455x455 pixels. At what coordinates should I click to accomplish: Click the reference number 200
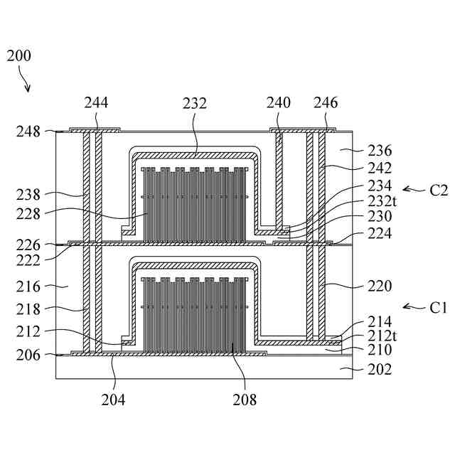[x=18, y=56]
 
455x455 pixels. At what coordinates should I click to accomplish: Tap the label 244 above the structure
[x=96, y=103]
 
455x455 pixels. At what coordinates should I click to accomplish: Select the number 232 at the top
[x=194, y=103]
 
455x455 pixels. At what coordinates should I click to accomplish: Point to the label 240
[x=279, y=103]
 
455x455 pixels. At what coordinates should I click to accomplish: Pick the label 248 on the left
[x=29, y=132]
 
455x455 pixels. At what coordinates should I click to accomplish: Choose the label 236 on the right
[x=380, y=151]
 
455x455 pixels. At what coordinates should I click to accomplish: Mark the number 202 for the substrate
[x=380, y=369]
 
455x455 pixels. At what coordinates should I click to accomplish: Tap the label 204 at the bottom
[x=114, y=400]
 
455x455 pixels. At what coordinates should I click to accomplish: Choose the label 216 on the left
[x=29, y=287]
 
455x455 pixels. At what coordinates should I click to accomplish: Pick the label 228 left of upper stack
[x=29, y=213]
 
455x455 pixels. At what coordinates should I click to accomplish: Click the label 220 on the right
[x=380, y=287]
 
